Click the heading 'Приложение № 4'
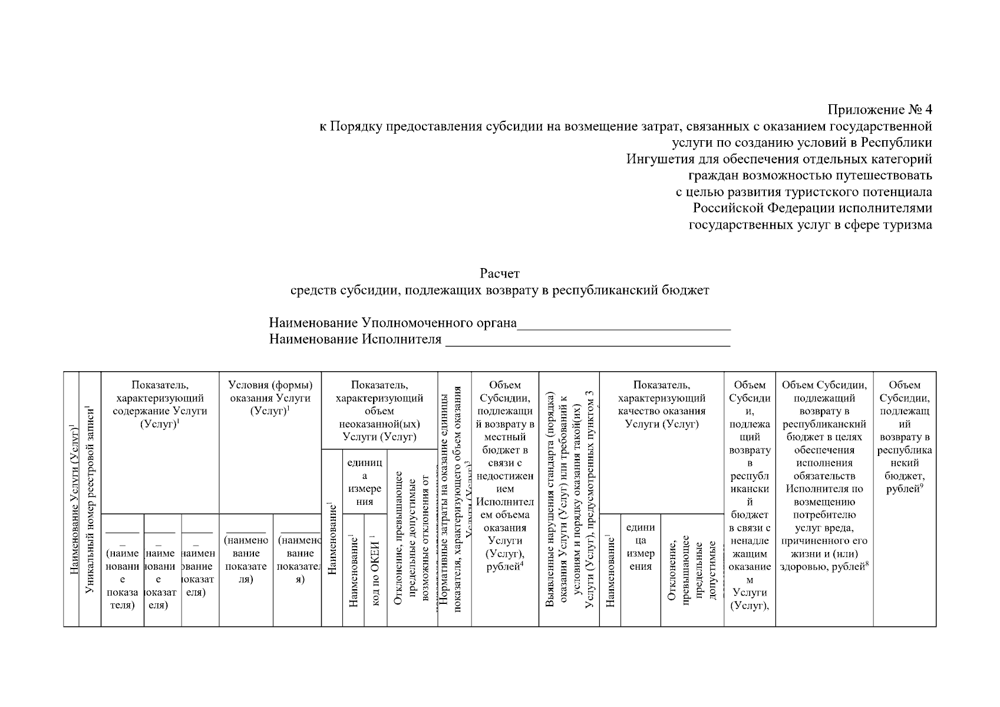click(880, 110)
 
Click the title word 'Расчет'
click(500, 273)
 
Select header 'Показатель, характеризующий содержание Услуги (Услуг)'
click(160, 404)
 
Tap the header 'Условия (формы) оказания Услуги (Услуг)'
click(270, 398)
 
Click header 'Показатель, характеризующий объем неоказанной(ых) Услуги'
click(379, 411)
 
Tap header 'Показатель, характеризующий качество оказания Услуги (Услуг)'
click(661, 404)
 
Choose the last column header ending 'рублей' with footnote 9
click(905, 437)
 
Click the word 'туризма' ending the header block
click(907, 225)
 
